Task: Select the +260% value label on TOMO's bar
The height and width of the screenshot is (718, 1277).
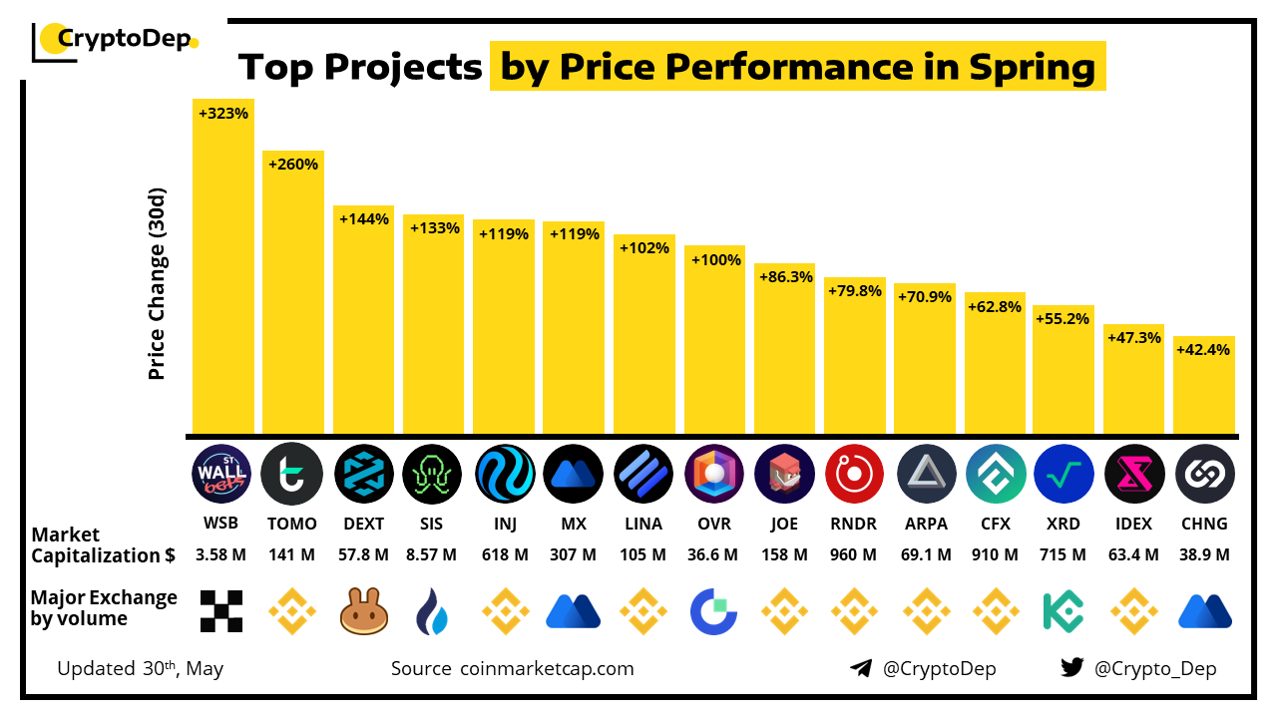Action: [293, 165]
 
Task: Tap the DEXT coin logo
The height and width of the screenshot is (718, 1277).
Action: [364, 474]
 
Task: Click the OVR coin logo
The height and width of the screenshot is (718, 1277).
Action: [714, 474]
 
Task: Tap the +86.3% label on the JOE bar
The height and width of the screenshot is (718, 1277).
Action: [785, 277]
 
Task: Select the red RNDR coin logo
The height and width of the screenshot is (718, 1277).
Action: [855, 474]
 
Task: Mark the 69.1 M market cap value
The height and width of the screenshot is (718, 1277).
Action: [925, 554]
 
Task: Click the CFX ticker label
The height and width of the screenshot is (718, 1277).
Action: [995, 524]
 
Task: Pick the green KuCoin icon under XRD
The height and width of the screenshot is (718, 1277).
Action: [1064, 610]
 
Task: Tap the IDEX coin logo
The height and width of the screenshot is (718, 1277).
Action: [1134, 474]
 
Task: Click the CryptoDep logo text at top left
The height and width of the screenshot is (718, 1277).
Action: [125, 40]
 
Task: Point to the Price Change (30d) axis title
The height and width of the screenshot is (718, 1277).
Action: [157, 284]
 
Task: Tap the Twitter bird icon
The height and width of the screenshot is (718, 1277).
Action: [1072, 668]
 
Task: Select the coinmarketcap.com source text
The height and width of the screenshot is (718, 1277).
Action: [547, 668]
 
